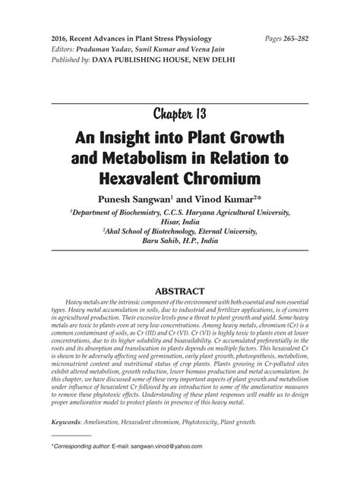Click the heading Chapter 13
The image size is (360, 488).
[x=179, y=115]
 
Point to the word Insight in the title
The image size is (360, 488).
[x=134, y=140]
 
